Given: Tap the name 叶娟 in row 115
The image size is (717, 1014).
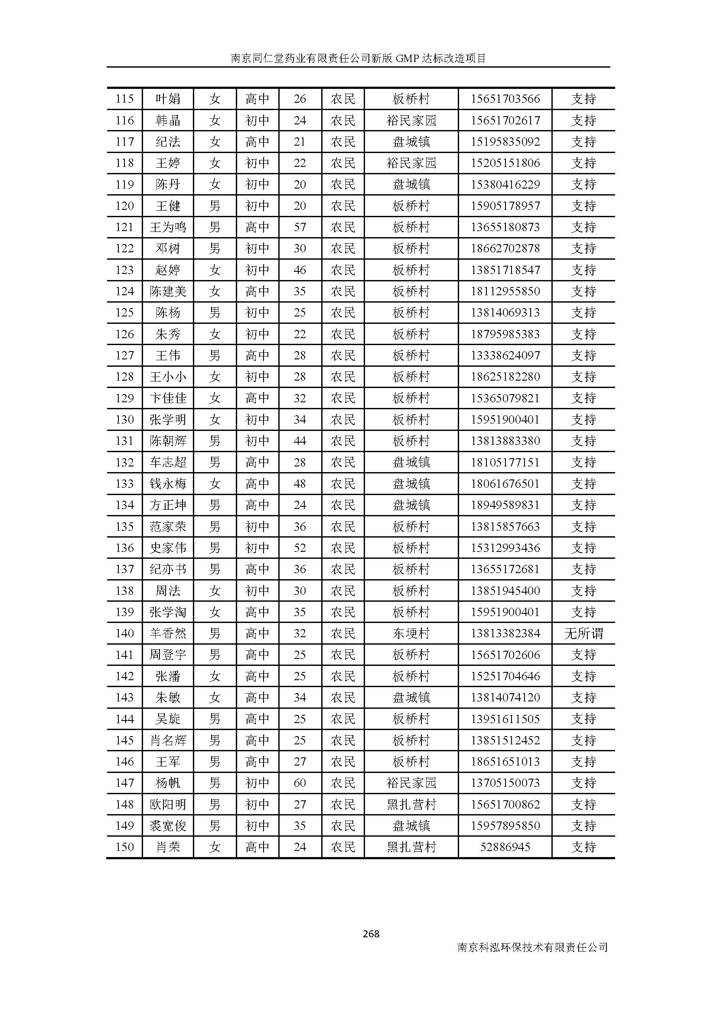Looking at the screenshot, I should coord(168,99).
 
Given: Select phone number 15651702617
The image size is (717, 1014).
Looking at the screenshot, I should coord(505,120).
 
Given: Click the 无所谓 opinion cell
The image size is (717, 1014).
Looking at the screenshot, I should coord(583,634).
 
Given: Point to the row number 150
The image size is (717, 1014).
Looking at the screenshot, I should coord(124,847).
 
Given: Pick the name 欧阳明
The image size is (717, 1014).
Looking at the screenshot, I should coord(168,805).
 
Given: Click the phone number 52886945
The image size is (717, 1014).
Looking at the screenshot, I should coord(505,847).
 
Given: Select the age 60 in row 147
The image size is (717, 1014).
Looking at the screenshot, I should coord(300,783).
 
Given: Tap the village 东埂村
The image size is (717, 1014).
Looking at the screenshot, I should coord(411,634).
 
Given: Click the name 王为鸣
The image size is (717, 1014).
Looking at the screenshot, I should coord(168,228).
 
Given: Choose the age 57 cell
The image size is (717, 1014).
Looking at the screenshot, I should coord(300,228).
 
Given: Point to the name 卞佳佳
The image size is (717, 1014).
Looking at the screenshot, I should coord(168,398).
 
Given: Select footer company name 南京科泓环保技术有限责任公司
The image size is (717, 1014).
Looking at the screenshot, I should coord(532,947).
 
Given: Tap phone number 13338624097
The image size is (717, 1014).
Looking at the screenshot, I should coord(505,355).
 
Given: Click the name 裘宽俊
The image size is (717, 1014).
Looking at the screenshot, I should coord(168,826).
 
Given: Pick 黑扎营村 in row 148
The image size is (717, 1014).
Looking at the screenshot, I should coord(411,805).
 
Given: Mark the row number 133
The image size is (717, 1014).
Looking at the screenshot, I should coord(124,484).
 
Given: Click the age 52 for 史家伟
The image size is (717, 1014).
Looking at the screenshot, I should coord(300,548).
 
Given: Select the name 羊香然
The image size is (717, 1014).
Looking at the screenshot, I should coord(168,634).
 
